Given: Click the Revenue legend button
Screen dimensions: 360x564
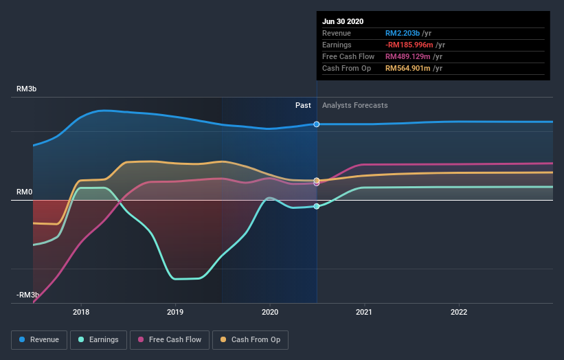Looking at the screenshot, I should (x=40, y=339).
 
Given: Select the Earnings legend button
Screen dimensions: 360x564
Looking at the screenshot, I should (x=100, y=339).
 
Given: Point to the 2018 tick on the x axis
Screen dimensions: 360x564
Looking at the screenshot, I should (x=81, y=311).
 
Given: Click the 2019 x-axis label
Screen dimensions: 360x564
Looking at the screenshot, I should (x=175, y=311).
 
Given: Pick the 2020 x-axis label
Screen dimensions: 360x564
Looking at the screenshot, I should (x=270, y=311).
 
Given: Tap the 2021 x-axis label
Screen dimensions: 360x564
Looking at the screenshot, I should (x=364, y=311).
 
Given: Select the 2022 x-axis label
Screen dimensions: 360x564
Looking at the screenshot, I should (x=458, y=311).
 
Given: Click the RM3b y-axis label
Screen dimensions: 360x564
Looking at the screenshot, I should (x=27, y=89).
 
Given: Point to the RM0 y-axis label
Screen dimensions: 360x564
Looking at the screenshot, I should (x=25, y=192).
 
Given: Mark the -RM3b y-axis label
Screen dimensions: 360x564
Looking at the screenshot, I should (x=28, y=295).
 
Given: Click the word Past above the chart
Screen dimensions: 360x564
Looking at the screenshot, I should (x=303, y=105).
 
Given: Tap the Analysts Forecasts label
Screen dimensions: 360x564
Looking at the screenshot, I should (x=354, y=105).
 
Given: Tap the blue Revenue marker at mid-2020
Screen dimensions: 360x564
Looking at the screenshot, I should (x=317, y=124).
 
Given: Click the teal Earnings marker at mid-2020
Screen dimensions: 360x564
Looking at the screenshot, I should (x=317, y=206).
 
